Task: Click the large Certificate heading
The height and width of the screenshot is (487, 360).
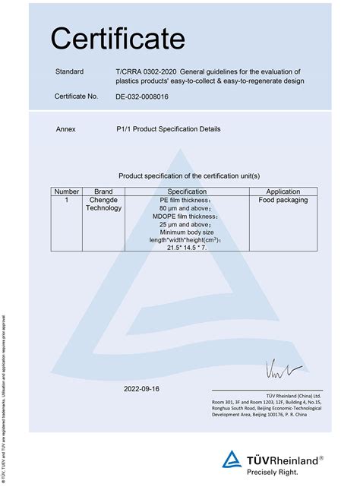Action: pos(118,37)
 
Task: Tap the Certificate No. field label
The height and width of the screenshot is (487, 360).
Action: pos(77,96)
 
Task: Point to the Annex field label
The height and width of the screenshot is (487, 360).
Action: pos(66,129)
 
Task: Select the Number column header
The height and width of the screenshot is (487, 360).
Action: pos(67,191)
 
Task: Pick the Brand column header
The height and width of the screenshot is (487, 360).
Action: pos(103,191)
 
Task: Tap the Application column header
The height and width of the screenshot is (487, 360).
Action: pos(283,191)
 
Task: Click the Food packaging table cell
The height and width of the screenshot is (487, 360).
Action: pos(283,201)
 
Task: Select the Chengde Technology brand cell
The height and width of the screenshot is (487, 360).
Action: pos(103,204)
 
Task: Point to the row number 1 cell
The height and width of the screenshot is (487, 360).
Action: pos(67,201)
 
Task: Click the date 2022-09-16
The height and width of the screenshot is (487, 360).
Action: pos(142,388)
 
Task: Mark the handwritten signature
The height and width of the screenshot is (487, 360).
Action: pos(283,370)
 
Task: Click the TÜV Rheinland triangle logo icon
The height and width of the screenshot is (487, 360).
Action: pos(232,459)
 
